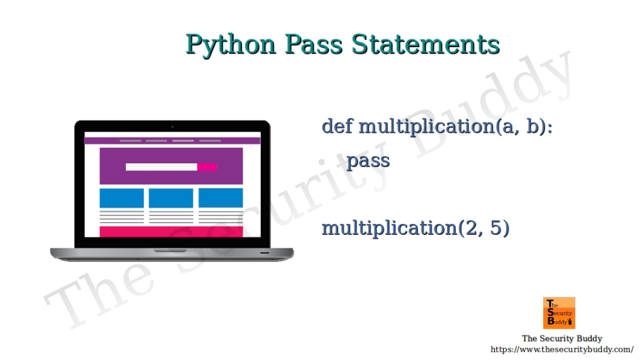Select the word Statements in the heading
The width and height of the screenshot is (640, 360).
[x=425, y=45]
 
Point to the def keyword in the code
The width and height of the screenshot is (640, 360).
[x=337, y=126]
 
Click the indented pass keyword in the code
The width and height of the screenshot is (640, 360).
[x=368, y=160]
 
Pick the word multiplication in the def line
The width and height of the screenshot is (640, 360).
[x=426, y=126]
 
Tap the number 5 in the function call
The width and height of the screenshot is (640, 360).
[x=495, y=228]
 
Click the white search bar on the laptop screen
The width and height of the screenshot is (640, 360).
[x=161, y=167]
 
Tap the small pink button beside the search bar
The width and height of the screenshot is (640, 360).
[x=207, y=167]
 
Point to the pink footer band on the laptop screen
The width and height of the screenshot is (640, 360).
[x=171, y=232]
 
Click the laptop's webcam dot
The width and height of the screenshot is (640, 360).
[x=172, y=126]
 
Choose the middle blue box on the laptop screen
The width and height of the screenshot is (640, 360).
[x=171, y=198]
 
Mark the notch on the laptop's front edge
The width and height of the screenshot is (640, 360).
[x=172, y=250]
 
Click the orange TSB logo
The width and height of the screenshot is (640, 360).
[x=559, y=313]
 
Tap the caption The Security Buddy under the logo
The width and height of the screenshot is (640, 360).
[x=561, y=339]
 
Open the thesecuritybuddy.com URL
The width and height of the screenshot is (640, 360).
[x=561, y=349]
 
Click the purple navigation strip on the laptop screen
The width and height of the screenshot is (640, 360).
[x=172, y=140]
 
